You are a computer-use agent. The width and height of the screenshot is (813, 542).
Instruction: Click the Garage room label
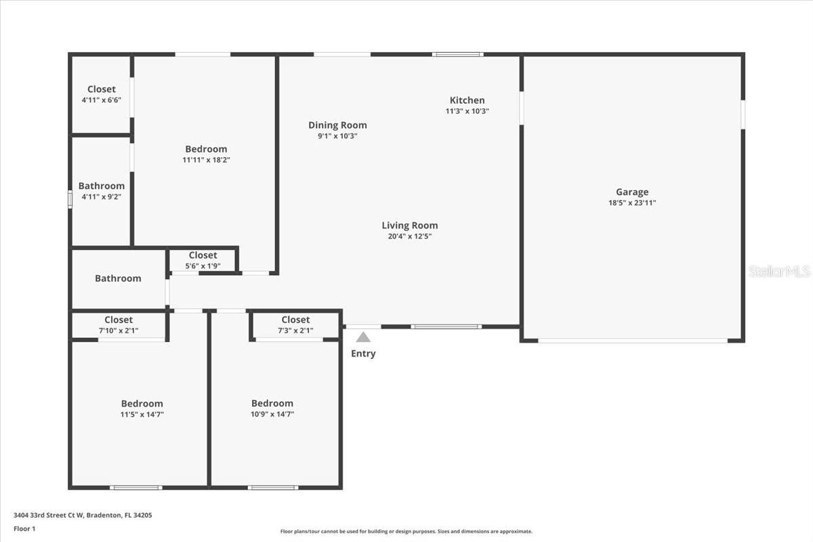point(631,192)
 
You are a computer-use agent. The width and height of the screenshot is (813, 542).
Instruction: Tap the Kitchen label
point(467,100)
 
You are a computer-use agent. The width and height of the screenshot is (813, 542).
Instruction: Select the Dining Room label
point(337,125)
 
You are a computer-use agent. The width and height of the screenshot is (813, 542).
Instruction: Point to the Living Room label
point(409,226)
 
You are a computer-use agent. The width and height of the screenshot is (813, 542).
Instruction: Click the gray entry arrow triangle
point(364,337)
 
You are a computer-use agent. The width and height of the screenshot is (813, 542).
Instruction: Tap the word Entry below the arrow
point(363,354)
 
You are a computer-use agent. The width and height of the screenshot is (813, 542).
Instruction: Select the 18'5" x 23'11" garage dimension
point(631,203)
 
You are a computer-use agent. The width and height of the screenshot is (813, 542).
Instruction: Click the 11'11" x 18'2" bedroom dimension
point(206,160)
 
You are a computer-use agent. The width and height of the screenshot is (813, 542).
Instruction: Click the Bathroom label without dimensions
point(118,278)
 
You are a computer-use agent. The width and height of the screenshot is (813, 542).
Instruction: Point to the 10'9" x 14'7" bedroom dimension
point(272,414)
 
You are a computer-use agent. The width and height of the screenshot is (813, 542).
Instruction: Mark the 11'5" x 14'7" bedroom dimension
point(142,414)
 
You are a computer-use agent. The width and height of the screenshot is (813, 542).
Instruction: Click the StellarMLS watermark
point(779,271)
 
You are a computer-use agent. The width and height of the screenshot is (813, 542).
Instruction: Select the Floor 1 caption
point(24,528)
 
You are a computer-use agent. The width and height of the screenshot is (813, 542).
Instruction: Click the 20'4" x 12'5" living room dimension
point(409,236)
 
